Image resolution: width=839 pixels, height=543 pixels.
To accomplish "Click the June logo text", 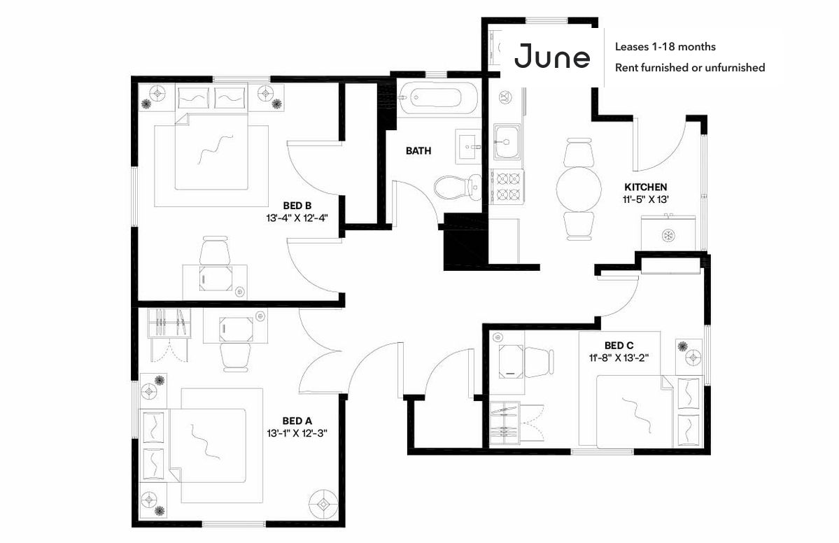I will click(x=551, y=57).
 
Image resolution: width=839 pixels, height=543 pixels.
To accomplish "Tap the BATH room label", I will click(x=418, y=150).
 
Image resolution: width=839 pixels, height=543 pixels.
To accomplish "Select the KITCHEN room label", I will click(x=645, y=188).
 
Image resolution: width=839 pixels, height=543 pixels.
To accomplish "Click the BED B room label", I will click(x=297, y=206).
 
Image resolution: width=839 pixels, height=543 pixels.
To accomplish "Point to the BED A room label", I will click(x=297, y=421).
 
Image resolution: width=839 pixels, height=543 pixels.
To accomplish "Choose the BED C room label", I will click(x=619, y=346).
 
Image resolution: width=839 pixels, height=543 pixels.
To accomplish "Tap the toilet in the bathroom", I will click(x=454, y=186).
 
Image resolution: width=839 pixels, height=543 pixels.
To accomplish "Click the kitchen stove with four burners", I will click(x=507, y=185).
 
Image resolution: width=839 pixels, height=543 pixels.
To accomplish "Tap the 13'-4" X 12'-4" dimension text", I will click(x=297, y=218).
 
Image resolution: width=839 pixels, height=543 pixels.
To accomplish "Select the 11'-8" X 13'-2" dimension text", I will click(x=619, y=358).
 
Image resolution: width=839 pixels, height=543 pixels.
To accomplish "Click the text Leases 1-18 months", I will click(x=665, y=47).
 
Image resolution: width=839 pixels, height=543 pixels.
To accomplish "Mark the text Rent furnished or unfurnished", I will click(x=689, y=68).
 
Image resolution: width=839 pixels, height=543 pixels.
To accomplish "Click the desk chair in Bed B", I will click(x=215, y=251).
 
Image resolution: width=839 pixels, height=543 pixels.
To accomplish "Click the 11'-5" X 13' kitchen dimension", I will click(x=645, y=199).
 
